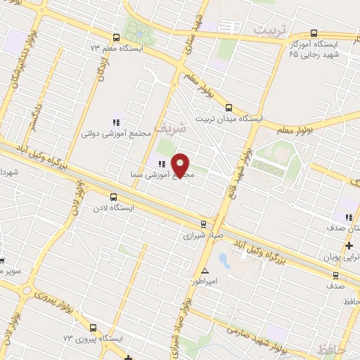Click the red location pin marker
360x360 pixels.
pyautogui.click(x=181, y=165)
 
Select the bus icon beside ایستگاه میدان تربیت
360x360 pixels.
pyautogui.click(x=229, y=108)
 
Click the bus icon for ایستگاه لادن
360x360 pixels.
pyautogui.click(x=113, y=197)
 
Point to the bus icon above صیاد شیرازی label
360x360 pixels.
pyautogui.click(x=203, y=224)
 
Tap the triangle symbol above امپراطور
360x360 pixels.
pyautogui.click(x=205, y=271)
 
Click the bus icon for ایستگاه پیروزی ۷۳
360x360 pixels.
pyautogui.click(x=94, y=328)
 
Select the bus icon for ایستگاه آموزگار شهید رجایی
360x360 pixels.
pyautogui.click(x=313, y=33)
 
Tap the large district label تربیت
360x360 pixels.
pyautogui.click(x=270, y=30)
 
